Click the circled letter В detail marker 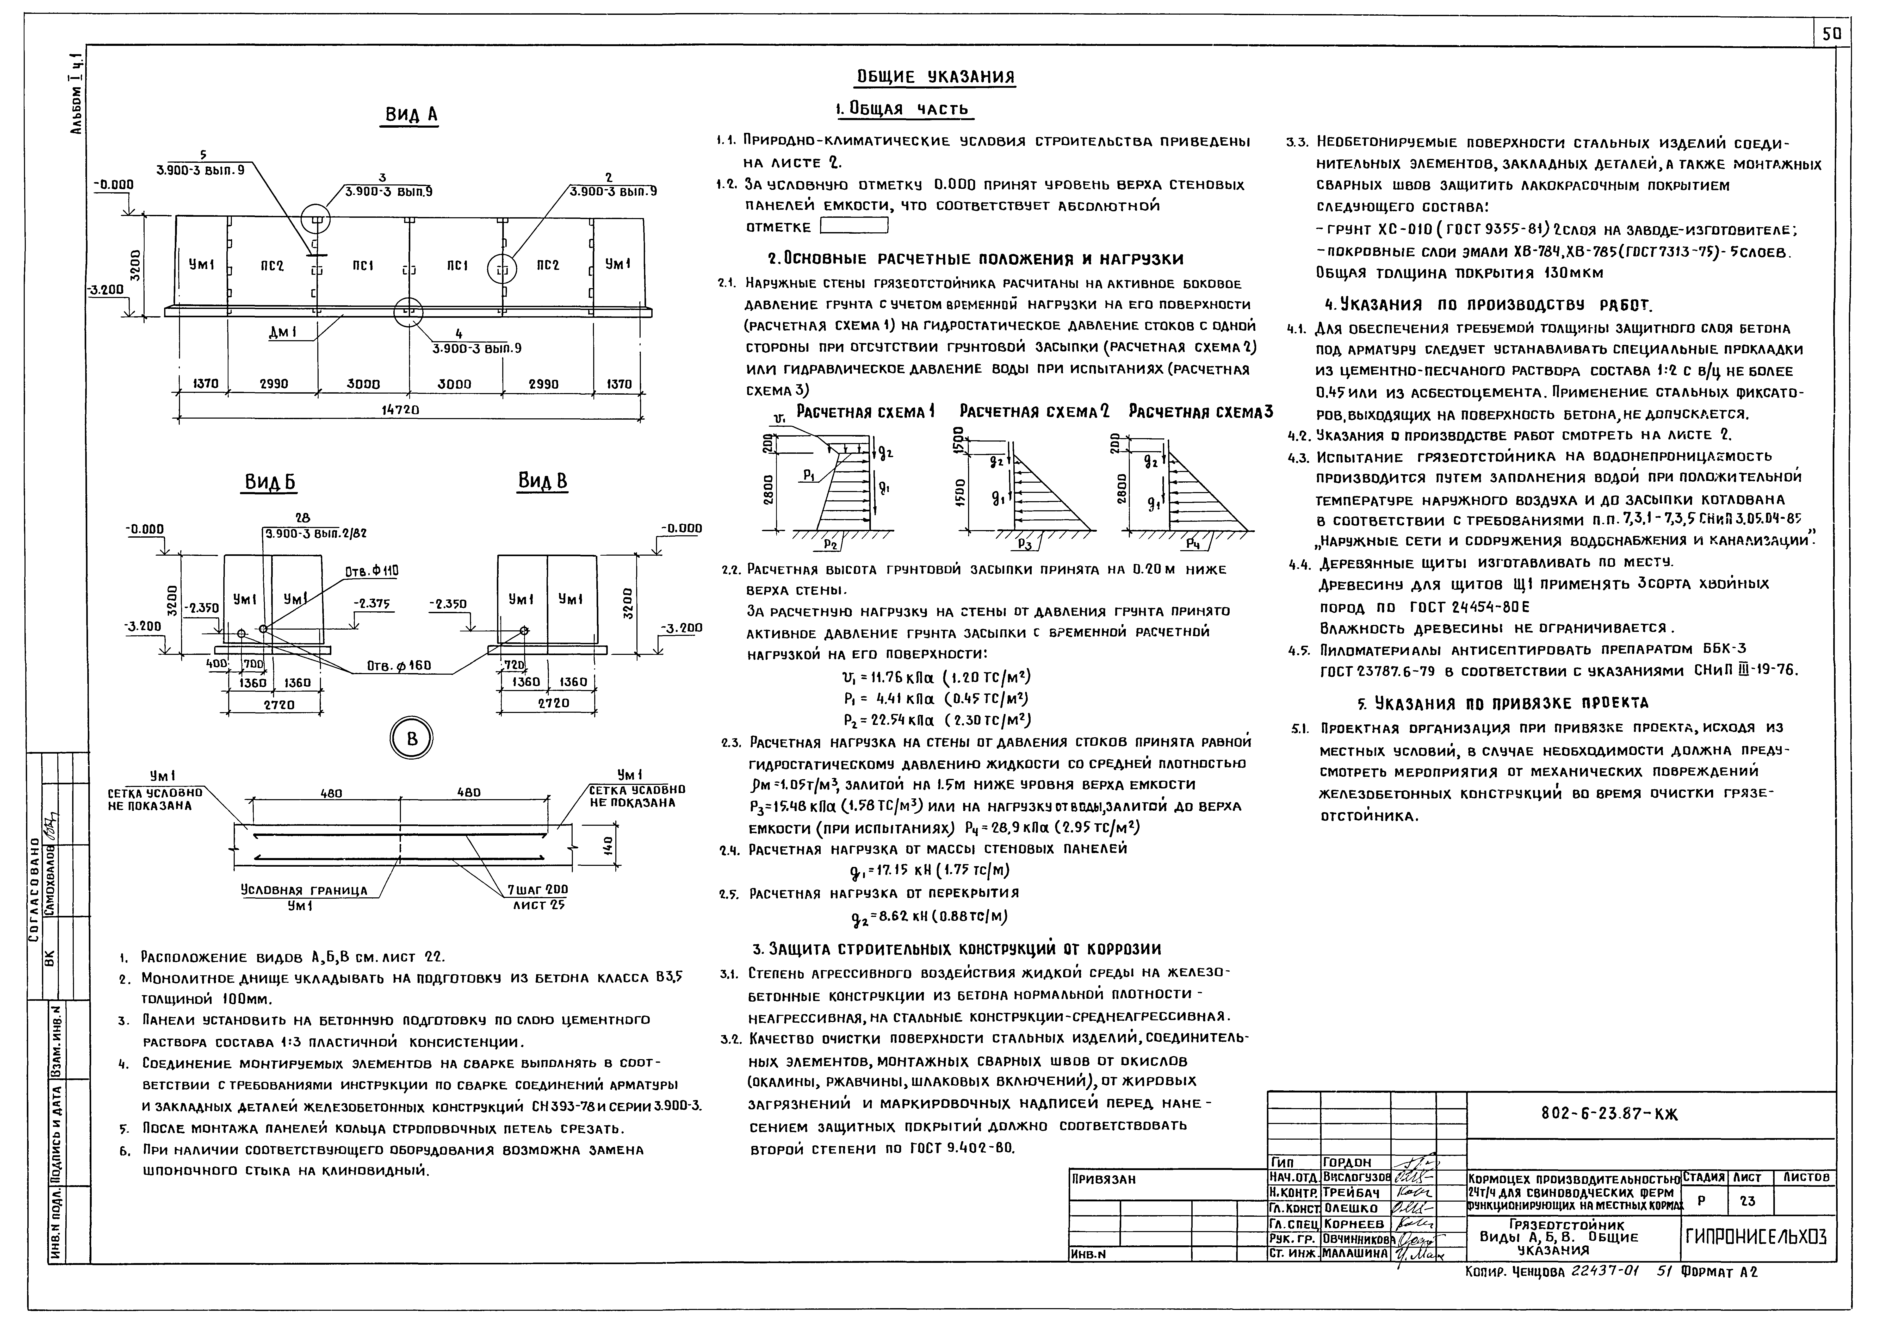tap(411, 740)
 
